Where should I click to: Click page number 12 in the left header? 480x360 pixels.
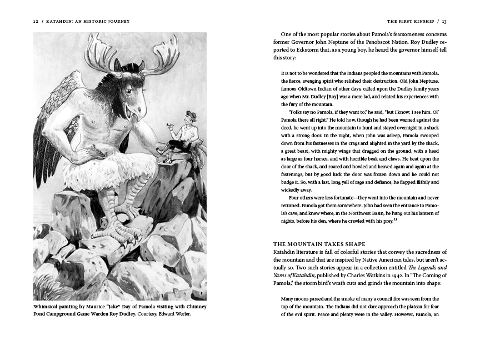click(x=36, y=22)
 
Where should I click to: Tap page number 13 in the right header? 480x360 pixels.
click(x=444, y=22)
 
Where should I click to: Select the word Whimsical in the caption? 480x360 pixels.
click(x=48, y=306)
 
